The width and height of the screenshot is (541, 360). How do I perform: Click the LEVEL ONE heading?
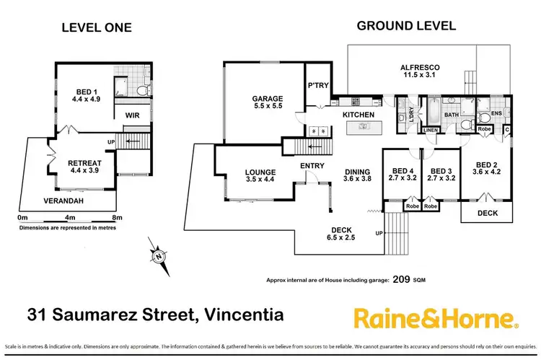point(96,28)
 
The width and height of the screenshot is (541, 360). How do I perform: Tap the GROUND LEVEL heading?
point(406,26)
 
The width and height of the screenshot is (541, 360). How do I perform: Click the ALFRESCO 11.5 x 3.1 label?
point(420,72)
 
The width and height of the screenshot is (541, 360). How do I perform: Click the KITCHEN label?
point(358,115)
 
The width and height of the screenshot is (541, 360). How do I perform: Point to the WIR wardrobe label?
point(132,115)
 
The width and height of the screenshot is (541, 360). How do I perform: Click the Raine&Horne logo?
point(434,317)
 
